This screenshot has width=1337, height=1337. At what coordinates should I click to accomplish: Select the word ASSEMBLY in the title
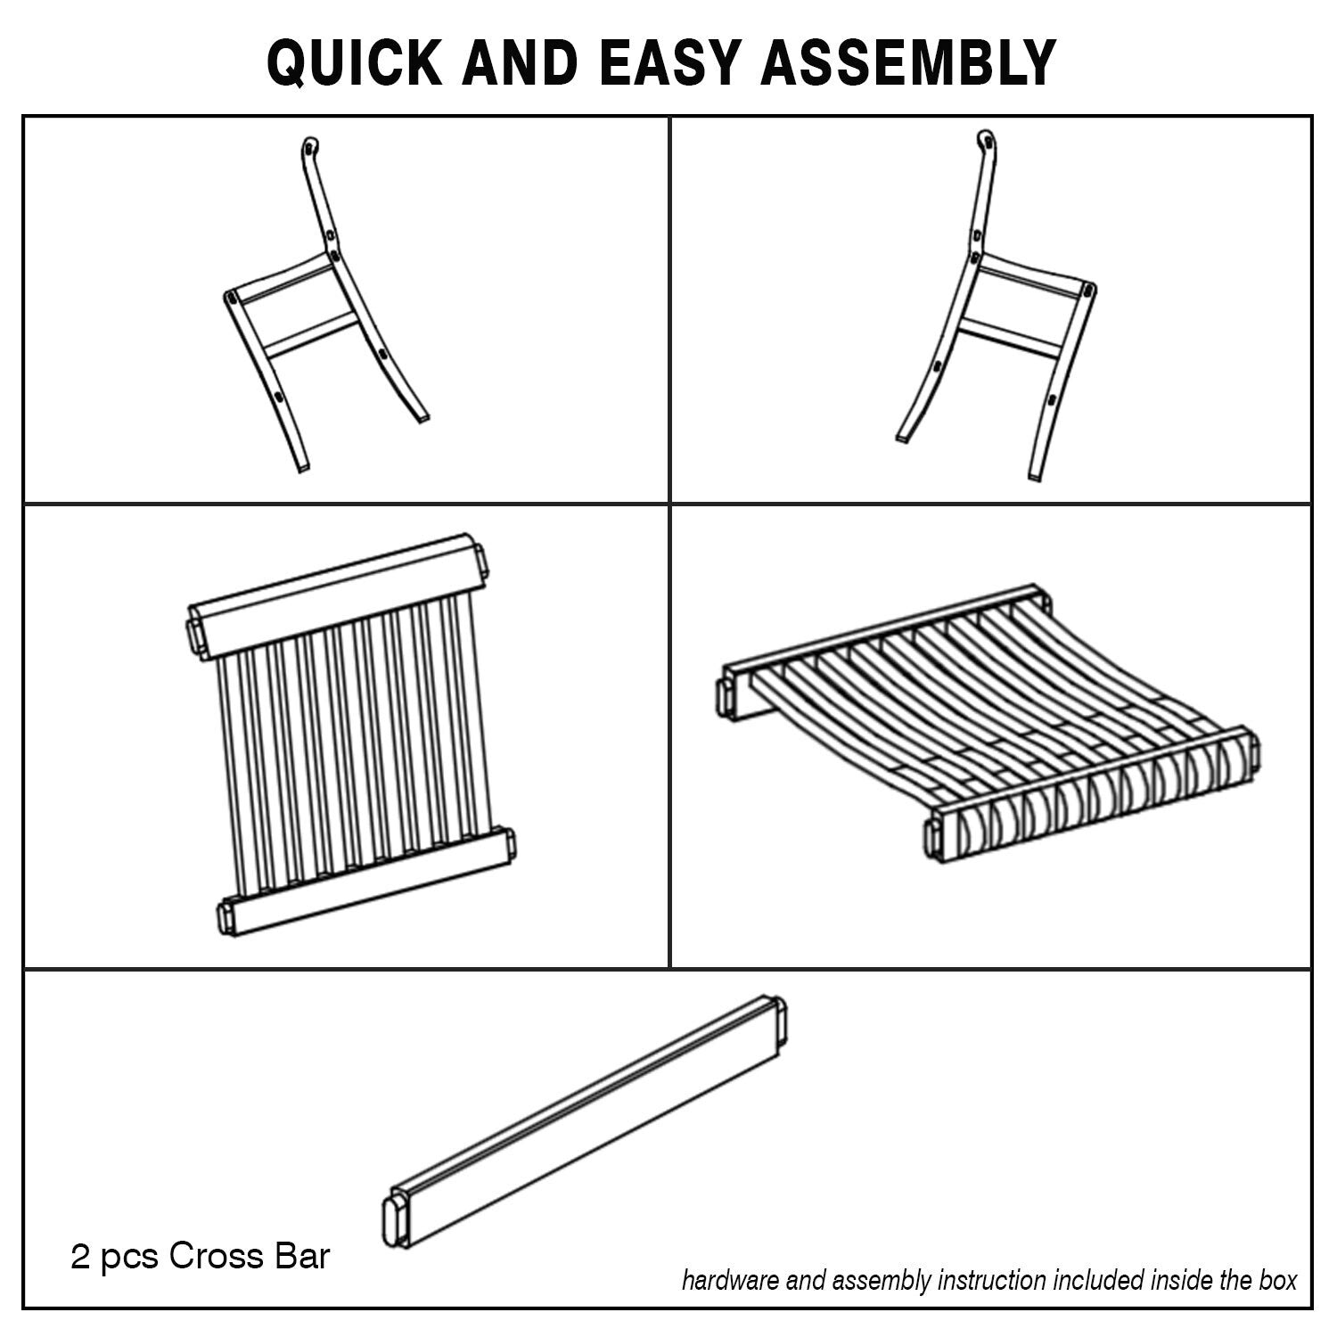908,62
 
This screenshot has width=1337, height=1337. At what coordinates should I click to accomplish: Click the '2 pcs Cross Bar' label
201,1257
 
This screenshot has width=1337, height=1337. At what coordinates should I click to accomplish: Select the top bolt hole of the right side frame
984,140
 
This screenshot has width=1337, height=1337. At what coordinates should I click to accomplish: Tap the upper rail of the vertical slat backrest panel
336,595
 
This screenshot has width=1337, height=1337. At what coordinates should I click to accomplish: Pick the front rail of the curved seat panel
1091,794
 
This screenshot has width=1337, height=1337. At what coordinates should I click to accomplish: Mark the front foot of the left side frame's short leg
299,463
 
